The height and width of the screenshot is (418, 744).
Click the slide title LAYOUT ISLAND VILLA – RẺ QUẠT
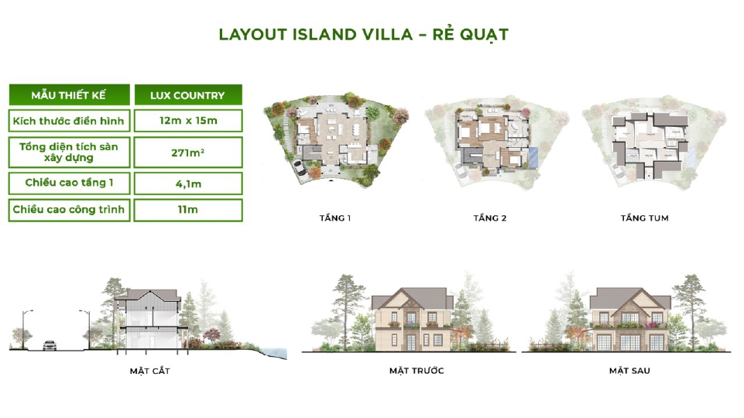coord(363,35)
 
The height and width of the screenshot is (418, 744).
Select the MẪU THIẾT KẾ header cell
coord(68,95)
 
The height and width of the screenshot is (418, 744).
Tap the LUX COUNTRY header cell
coord(187,95)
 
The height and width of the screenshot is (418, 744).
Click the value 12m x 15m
coord(187,120)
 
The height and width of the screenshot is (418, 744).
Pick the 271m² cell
coord(187,152)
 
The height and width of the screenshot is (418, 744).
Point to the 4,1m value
coord(187,183)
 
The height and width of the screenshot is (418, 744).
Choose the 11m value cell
coord(187,210)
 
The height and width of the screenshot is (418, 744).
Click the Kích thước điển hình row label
coord(68,120)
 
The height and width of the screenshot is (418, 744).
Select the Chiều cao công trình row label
coord(68,210)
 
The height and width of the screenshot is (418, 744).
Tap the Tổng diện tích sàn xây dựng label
coord(68,152)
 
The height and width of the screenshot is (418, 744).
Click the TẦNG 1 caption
coord(335,218)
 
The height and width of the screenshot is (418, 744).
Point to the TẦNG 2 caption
coord(489,218)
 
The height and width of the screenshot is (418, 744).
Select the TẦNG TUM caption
coord(644,218)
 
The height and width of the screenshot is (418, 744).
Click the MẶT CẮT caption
coord(150,371)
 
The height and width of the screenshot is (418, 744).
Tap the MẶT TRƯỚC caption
coord(417,371)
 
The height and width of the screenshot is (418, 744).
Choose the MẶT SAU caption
coord(629,371)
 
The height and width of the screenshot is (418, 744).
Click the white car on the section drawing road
coord(50,345)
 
